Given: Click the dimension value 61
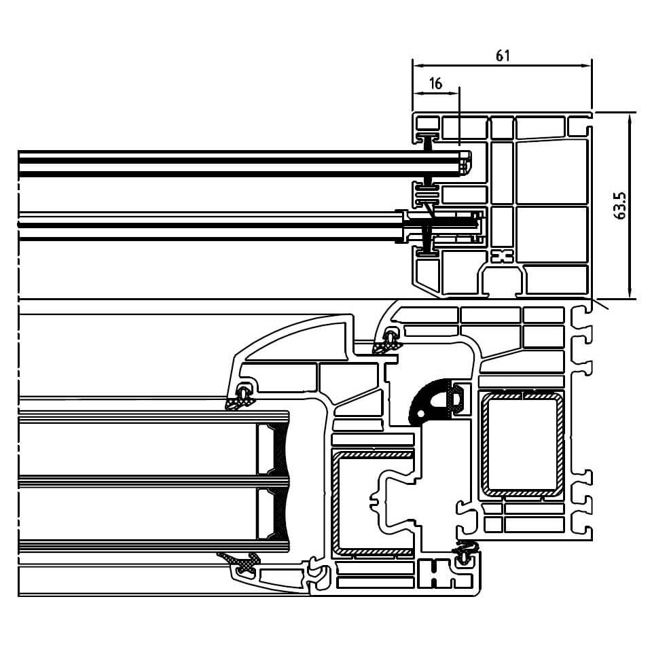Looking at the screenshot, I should coord(503,56).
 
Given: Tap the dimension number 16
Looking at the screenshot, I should coord(436,84).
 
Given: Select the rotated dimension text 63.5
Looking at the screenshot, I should coord(619,204).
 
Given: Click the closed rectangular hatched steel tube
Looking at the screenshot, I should coord(522,445).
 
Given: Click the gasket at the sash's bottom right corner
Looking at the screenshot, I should coord(466,554).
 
